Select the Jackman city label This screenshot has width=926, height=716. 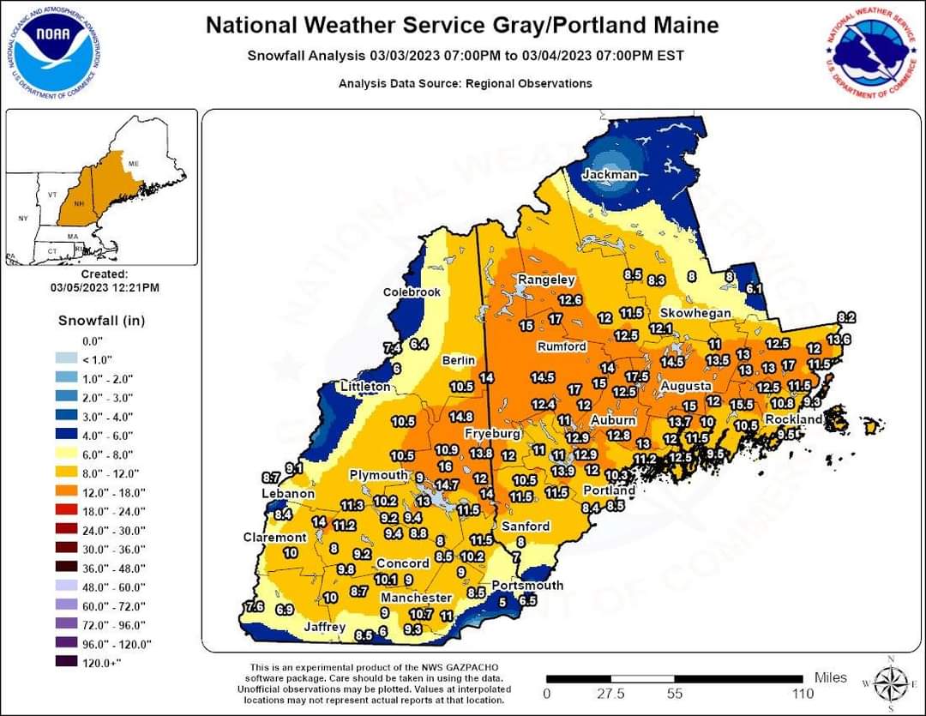(610, 175)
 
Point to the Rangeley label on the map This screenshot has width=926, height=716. (546, 280)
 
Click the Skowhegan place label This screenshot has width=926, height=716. (695, 313)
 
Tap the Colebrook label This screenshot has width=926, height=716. (412, 292)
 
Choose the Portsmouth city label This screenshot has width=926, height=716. (527, 585)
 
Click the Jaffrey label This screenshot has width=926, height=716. (325, 627)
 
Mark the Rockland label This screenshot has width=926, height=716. (793, 419)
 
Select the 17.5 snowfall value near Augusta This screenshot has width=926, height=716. (636, 376)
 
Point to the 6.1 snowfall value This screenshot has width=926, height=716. (754, 289)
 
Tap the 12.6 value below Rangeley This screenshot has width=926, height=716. (570, 300)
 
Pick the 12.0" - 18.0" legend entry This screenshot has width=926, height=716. (114, 492)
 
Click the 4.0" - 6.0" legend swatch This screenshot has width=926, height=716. (66, 436)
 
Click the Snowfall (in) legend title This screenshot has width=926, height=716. (101, 321)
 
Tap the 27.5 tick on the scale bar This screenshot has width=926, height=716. (610, 693)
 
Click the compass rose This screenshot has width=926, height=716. (891, 683)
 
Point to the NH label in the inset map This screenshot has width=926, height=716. (79, 203)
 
